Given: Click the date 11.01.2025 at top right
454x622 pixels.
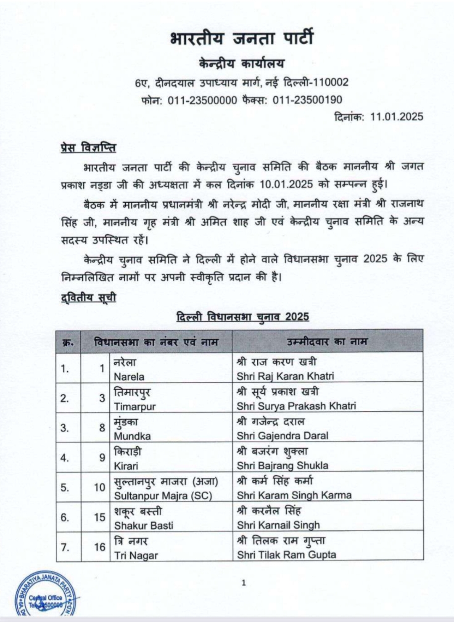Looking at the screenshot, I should pos(396,116).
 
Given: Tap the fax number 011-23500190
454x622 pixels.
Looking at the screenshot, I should pos(307,100).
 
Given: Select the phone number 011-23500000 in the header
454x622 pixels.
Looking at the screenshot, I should pos(202,100).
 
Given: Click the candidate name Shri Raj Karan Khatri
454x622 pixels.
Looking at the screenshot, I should pos(285,376).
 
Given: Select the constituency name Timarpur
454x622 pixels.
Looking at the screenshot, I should pos(135,406).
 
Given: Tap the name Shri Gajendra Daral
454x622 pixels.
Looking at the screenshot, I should pos(282,436).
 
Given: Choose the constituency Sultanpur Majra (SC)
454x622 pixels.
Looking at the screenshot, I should pos(163,495).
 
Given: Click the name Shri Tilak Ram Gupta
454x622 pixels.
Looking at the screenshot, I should pos(286,555).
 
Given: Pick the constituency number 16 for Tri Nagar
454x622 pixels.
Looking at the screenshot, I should pos(100,547).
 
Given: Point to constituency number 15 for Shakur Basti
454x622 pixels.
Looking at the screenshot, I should pos(100,517).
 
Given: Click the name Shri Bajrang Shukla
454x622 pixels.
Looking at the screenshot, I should pos(282,466).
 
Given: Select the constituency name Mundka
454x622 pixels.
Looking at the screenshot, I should pos(132,436).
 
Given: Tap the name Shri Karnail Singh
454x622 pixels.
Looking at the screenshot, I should pos(278,525).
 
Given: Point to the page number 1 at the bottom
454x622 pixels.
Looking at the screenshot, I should pos(243,583).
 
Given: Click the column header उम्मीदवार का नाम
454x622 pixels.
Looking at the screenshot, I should pos(327,341).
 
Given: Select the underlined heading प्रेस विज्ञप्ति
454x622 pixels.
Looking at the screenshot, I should pos(88,148).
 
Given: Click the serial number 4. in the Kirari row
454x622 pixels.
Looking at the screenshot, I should pos(64,458).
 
